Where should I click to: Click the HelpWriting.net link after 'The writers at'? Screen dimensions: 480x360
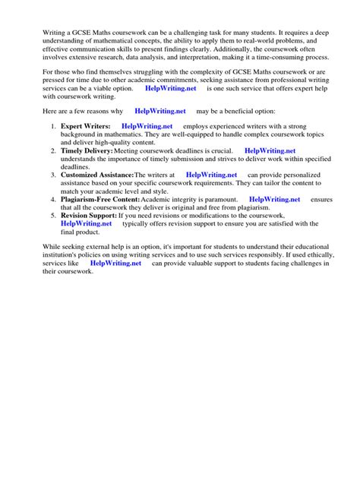click(x=211, y=175)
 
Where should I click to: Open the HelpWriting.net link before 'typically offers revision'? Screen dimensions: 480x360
click(x=87, y=224)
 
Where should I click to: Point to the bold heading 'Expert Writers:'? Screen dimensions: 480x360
click(x=86, y=125)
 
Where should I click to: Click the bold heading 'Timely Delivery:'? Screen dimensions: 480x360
click(x=87, y=151)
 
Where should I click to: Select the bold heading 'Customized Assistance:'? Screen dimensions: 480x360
click(x=96, y=175)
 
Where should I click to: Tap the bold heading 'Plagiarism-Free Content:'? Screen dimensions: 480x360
click(x=99, y=199)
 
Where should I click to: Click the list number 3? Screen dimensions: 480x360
click(x=53, y=175)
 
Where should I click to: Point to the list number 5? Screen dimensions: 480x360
click(x=53, y=216)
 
